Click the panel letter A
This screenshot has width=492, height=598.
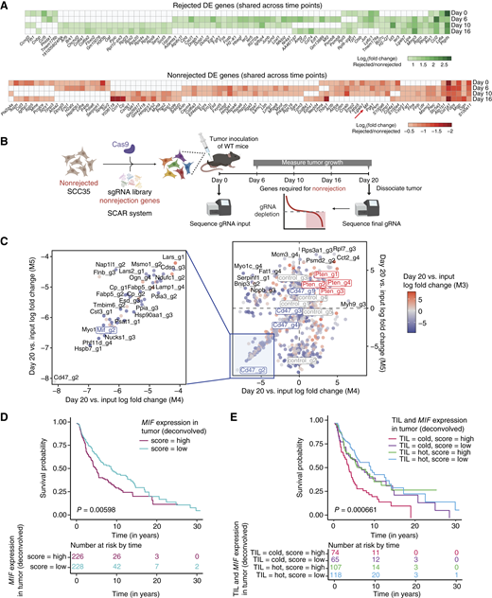(7, 7)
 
